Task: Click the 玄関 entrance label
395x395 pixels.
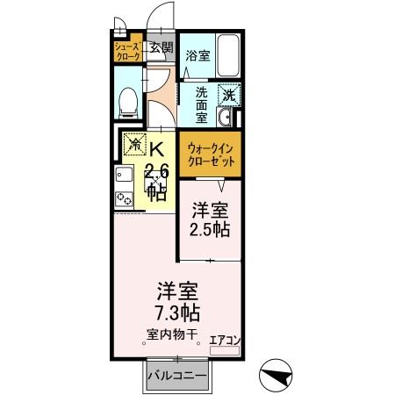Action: tap(161, 48)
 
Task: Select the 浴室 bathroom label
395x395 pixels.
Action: tap(197, 55)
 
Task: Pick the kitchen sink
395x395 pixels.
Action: tap(122, 179)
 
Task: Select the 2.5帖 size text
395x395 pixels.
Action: tap(211, 231)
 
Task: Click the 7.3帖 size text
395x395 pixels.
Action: tap(177, 313)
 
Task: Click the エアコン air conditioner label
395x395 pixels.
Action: tap(226, 338)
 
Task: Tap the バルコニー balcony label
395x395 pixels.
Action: tap(176, 377)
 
